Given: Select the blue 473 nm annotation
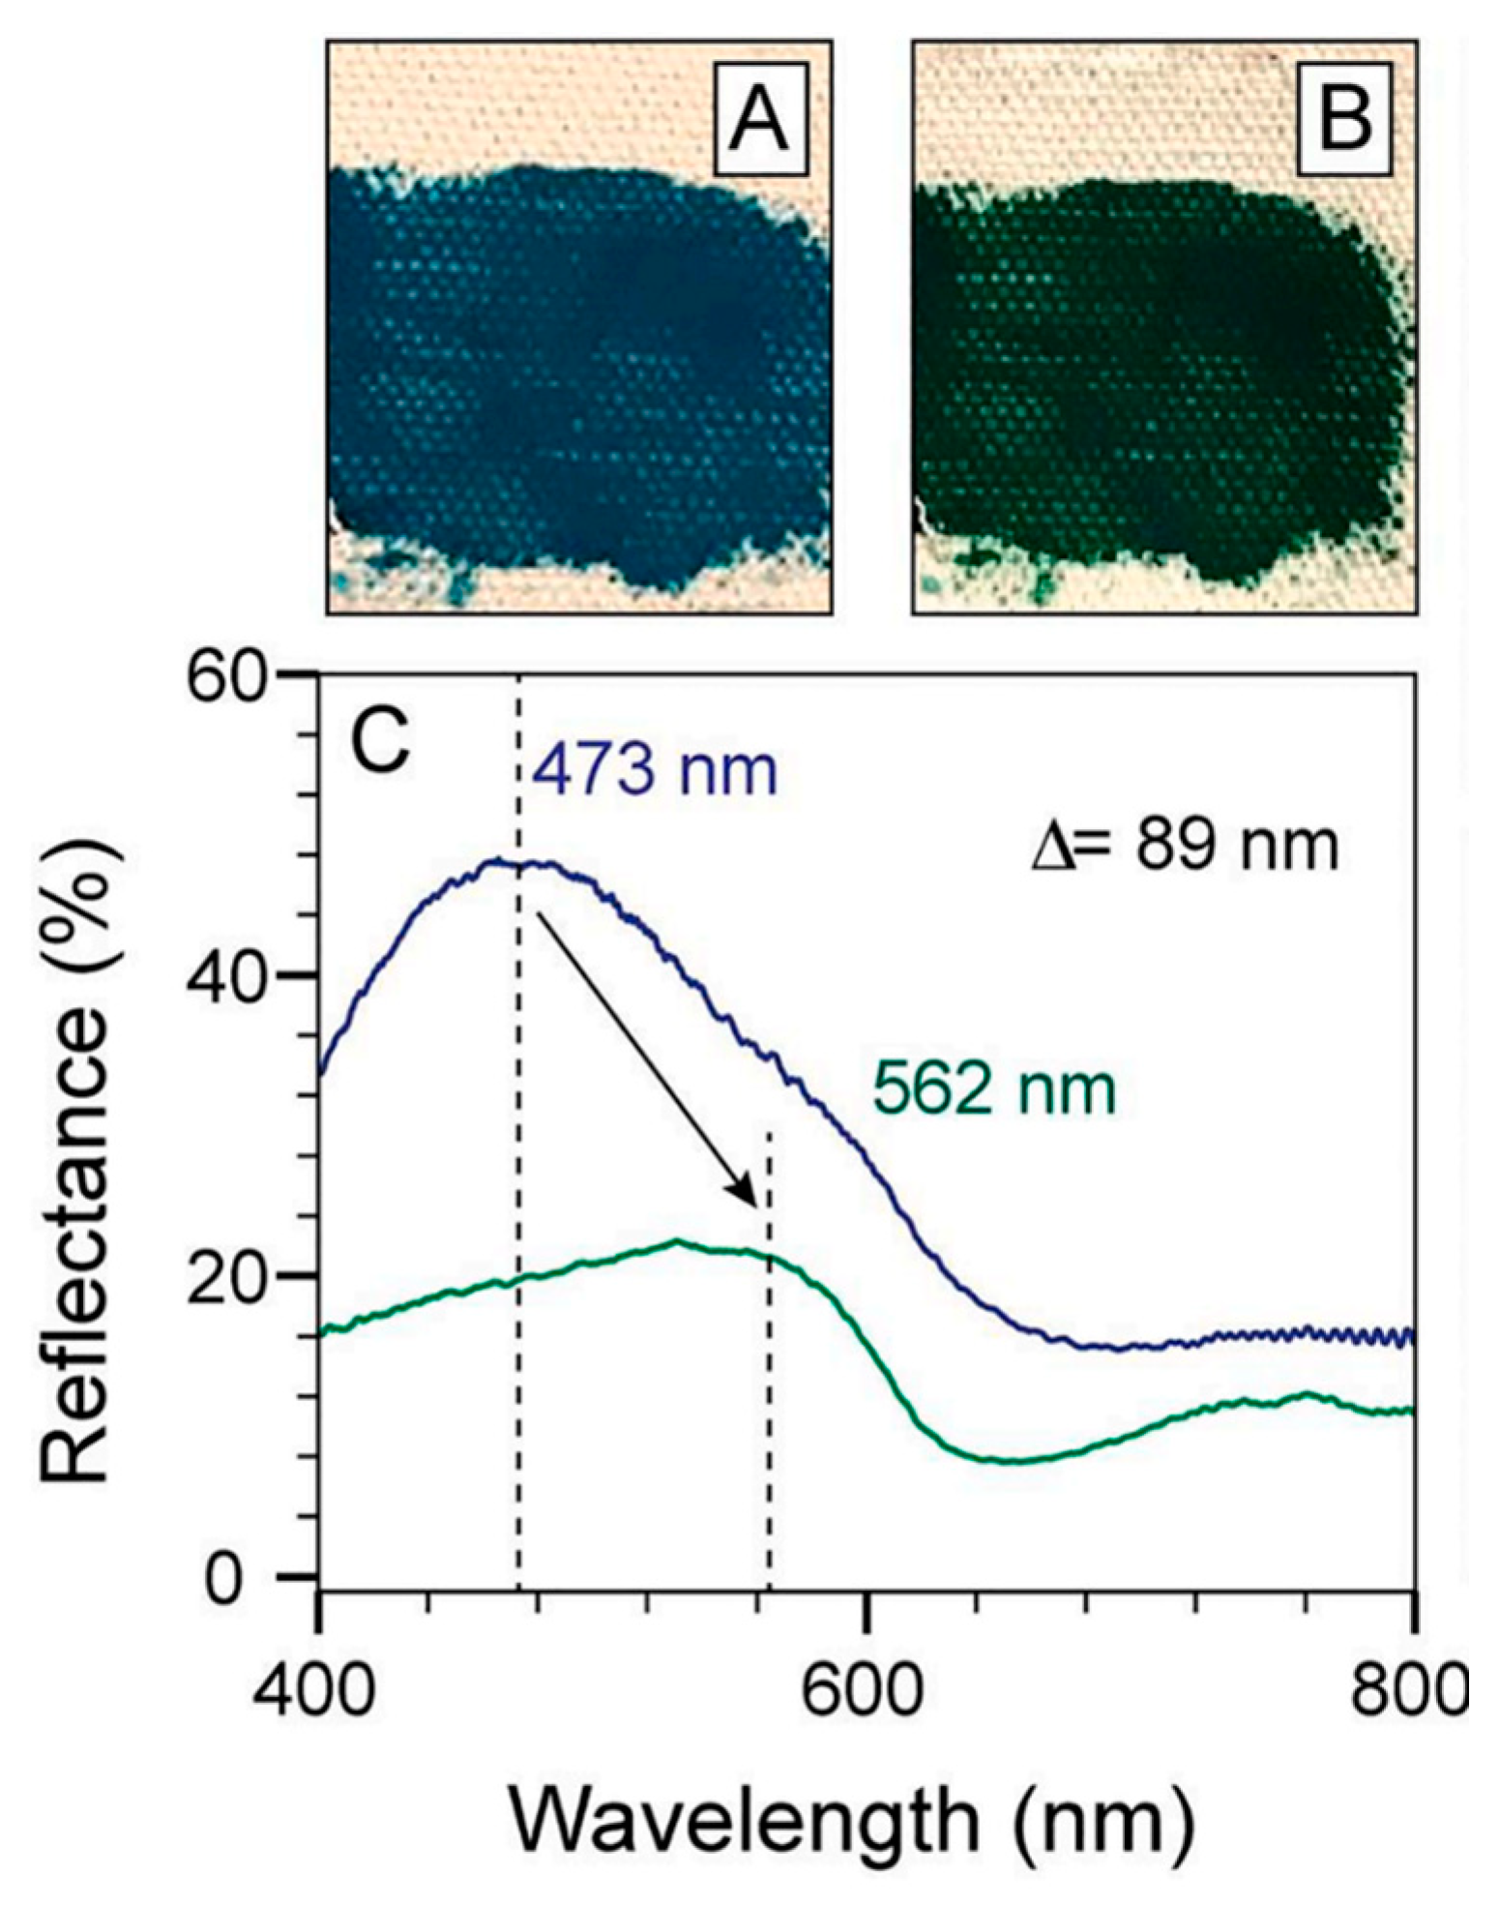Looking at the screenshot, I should [x=655, y=771].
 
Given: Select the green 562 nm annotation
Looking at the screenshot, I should [x=994, y=1090].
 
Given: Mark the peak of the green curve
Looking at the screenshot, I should [x=677, y=1241].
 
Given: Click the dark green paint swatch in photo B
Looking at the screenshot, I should [x=1151, y=387].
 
